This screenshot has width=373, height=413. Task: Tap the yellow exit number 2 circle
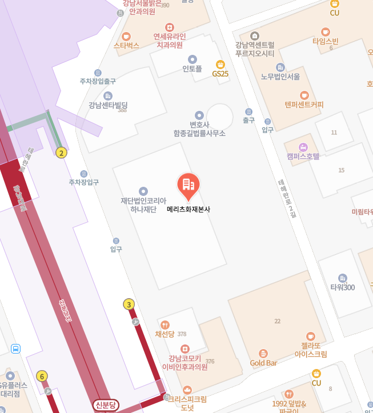[x=62, y=153]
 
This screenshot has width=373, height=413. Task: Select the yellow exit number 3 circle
[x=129, y=304]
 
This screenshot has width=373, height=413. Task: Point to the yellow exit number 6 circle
[x=42, y=376]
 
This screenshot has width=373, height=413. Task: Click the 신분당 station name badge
[x=106, y=405]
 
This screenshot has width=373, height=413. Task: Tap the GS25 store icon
[x=220, y=64]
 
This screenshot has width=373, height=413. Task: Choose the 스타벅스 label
[x=126, y=45]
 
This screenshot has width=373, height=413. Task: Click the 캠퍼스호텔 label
[x=303, y=155]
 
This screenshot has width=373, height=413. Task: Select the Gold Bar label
[x=263, y=363]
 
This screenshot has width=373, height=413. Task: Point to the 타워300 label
[x=342, y=287]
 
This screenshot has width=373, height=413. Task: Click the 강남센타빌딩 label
[x=108, y=105]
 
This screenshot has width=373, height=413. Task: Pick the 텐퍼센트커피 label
[x=304, y=105]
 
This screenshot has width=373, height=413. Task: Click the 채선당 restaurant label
[x=165, y=334]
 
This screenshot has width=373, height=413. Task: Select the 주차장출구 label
[x=98, y=81]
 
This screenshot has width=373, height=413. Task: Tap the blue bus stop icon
[x=16, y=348]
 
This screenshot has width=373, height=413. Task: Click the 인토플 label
[x=192, y=69]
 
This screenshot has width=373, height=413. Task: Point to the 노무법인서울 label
[x=280, y=77]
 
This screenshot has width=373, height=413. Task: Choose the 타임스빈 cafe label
[x=326, y=41]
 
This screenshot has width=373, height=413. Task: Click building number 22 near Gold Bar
[x=277, y=321]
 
